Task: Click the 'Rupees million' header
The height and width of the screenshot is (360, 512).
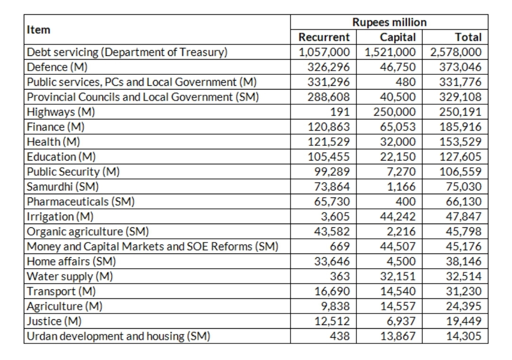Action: tap(389, 22)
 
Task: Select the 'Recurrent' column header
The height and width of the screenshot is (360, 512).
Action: tap(324, 37)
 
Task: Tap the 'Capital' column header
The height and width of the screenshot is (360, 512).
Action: tap(398, 37)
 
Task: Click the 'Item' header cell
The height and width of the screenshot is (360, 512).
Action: tap(38, 30)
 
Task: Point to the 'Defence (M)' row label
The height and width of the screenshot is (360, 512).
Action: tap(57, 67)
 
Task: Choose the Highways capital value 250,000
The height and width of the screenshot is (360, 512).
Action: tap(394, 112)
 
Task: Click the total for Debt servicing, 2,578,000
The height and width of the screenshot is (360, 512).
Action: tap(456, 52)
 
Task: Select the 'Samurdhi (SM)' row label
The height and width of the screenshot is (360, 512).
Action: tap(63, 187)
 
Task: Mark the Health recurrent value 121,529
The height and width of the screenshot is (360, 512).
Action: tap(329, 142)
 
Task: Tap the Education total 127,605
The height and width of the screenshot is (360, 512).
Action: tap(460, 157)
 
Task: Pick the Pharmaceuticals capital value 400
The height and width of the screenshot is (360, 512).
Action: tap(405, 202)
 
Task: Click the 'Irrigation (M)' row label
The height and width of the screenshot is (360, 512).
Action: tap(60, 217)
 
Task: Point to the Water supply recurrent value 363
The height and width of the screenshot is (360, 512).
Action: tap(339, 277)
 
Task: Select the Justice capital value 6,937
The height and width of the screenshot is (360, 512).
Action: tap(402, 322)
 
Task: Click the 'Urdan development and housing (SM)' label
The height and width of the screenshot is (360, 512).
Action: tap(118, 336)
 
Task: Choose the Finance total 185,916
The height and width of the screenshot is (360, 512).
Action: tap(460, 127)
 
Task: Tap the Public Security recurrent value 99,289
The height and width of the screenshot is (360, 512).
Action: tap(332, 171)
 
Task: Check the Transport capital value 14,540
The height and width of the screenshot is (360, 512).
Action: tap(398, 291)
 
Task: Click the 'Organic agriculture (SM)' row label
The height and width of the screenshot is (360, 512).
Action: tap(88, 232)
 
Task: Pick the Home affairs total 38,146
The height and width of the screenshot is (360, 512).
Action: tap(464, 261)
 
